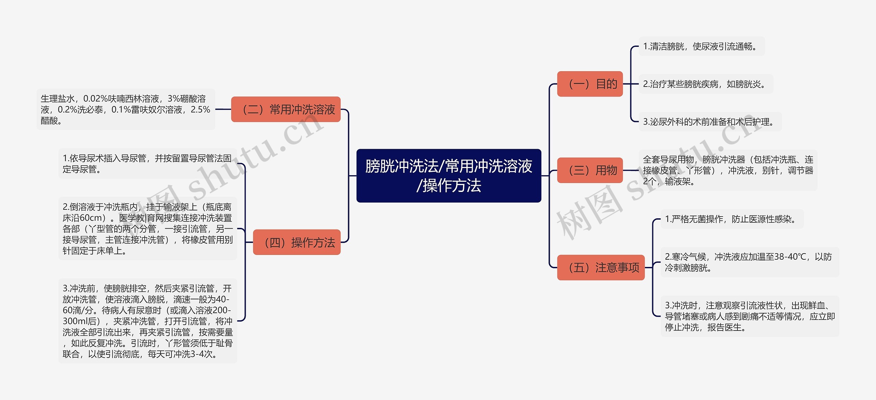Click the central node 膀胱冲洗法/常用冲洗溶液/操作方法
point(449,176)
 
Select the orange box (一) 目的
point(590,84)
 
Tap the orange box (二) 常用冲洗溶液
point(286,109)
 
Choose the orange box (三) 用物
point(590,170)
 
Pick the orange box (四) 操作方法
point(297,242)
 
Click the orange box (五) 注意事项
point(601,267)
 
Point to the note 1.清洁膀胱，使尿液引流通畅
point(701,46)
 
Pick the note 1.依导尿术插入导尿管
point(147,164)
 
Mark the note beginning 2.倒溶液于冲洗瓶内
point(147,229)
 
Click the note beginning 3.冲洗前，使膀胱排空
point(147,321)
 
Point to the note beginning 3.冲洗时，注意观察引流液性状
point(749,316)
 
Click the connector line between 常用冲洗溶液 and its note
point(223,109)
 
